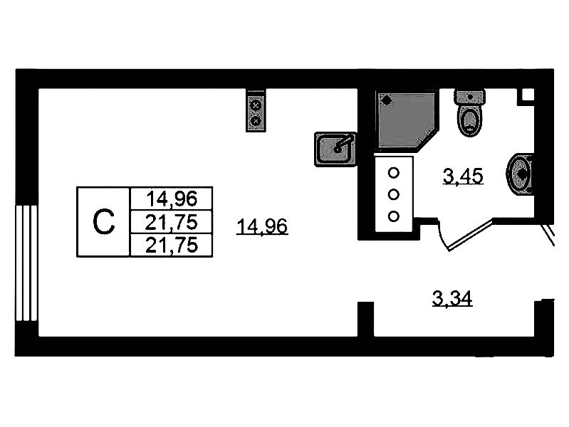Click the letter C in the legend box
click(103, 222)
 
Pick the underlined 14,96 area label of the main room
click(263, 227)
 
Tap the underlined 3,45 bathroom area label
click(464, 175)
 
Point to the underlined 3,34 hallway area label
click(453, 300)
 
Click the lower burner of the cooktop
click(256, 121)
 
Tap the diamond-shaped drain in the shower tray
click(387, 101)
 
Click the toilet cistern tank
click(470, 96)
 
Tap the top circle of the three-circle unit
click(393, 172)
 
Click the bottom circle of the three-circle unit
click(393, 216)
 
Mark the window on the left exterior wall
click(26, 263)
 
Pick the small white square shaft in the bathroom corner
click(528, 95)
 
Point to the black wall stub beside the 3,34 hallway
click(365, 319)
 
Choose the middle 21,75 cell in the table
click(171, 221)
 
